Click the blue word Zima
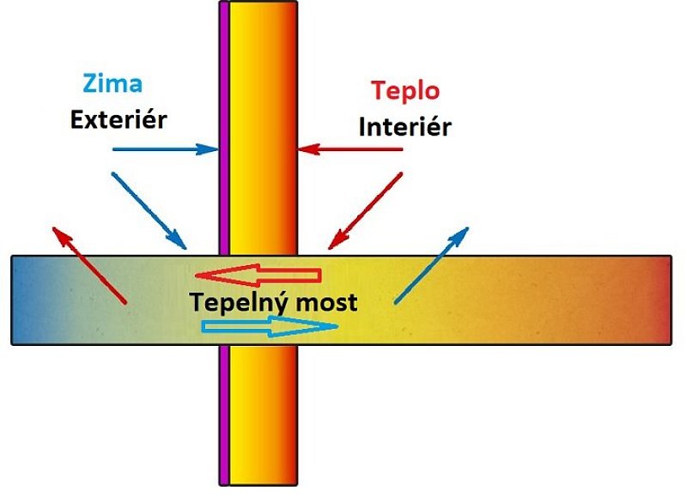point(112,85)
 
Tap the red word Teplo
point(404,90)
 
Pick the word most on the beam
point(330,303)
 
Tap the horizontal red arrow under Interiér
point(351,149)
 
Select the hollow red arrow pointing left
point(258,276)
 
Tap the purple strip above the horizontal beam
point(224,129)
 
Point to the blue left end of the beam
point(26,300)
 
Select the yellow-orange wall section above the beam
point(263,129)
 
